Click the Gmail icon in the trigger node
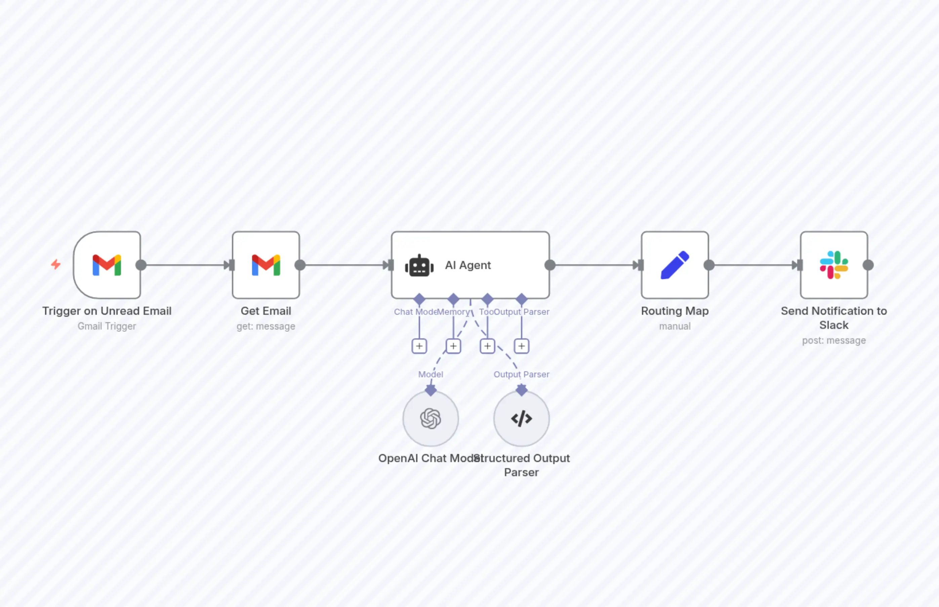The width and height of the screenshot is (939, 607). (x=107, y=265)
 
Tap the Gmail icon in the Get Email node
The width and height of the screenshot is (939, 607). (x=266, y=265)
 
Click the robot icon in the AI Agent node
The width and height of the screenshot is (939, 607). (x=419, y=266)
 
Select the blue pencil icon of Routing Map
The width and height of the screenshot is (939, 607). (x=675, y=265)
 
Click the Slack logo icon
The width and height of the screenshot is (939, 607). (x=834, y=265)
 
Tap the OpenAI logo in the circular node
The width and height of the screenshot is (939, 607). (x=431, y=418)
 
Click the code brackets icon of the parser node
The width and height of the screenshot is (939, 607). (x=522, y=418)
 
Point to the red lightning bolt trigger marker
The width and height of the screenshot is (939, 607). (x=56, y=264)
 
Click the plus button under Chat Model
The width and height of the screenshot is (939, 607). (x=419, y=346)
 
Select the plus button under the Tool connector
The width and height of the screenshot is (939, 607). (x=487, y=346)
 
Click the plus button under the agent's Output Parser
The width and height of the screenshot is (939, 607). (x=522, y=346)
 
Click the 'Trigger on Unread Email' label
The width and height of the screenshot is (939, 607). (x=107, y=311)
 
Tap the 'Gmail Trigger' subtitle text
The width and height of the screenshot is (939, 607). (x=107, y=326)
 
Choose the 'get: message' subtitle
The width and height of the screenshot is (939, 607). (x=266, y=326)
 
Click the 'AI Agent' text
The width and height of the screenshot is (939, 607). (x=468, y=265)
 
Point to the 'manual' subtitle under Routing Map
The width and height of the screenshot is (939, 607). (x=675, y=326)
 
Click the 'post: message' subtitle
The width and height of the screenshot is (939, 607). (x=834, y=341)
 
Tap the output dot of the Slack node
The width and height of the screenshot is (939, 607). (x=868, y=265)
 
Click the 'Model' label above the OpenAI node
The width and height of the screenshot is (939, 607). (x=431, y=374)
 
